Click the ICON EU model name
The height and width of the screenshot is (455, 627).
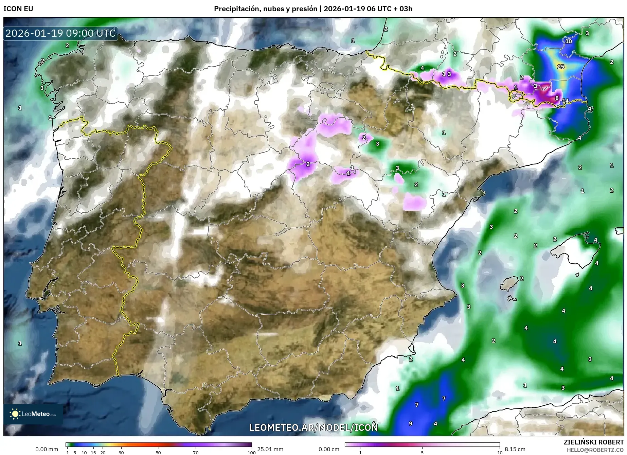pyautogui.click(x=18, y=9)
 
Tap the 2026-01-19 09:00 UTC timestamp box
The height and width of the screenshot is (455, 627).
pyautogui.click(x=61, y=33)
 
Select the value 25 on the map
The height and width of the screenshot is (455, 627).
pyautogui.click(x=561, y=67)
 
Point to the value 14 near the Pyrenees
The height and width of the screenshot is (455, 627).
pyautogui.click(x=565, y=101)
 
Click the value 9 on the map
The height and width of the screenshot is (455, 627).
pyautogui.click(x=411, y=423)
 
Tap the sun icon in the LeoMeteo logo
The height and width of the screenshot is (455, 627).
pyautogui.click(x=15, y=414)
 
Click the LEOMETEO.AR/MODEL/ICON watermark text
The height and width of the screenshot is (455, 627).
pyautogui.click(x=313, y=427)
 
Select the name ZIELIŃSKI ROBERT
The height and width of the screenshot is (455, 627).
pyautogui.click(x=593, y=442)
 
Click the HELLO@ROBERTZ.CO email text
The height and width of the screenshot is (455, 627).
pyautogui.click(x=595, y=450)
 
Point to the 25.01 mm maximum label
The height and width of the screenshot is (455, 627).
pyautogui.click(x=270, y=449)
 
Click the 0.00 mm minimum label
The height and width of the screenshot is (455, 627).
pyautogui.click(x=47, y=449)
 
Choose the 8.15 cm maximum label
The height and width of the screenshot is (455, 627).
pyautogui.click(x=515, y=449)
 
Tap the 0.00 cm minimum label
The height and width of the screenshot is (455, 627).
pyautogui.click(x=329, y=449)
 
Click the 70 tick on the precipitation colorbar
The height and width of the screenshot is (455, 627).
pyautogui.click(x=196, y=453)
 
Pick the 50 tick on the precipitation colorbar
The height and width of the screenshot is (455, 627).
pyautogui.click(x=158, y=453)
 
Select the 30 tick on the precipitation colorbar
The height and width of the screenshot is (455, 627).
pyautogui.click(x=121, y=453)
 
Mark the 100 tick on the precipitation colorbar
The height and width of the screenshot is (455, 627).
pyautogui.click(x=251, y=453)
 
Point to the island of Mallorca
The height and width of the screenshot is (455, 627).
pyautogui.click(x=574, y=253)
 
